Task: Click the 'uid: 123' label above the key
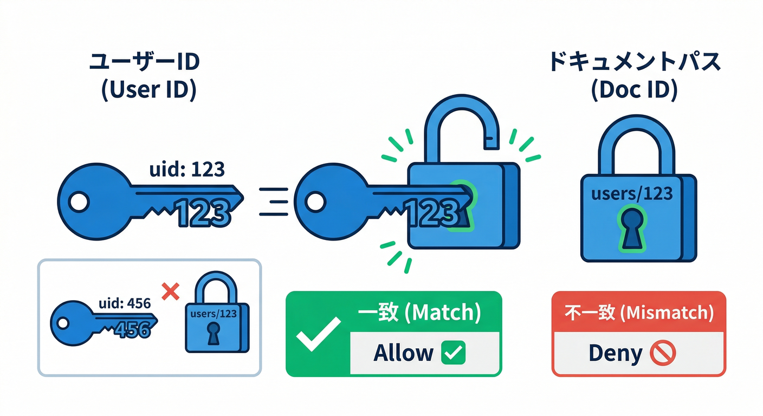(x=186, y=170)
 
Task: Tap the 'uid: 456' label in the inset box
(x=124, y=304)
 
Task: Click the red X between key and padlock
(x=171, y=292)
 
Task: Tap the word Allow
(x=404, y=353)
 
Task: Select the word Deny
(x=615, y=354)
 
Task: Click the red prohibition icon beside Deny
(x=662, y=354)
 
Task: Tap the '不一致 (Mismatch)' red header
(x=638, y=313)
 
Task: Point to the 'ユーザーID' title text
(x=144, y=62)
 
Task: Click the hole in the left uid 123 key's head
(x=79, y=202)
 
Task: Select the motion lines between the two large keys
(x=274, y=201)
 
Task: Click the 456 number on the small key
(x=131, y=328)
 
